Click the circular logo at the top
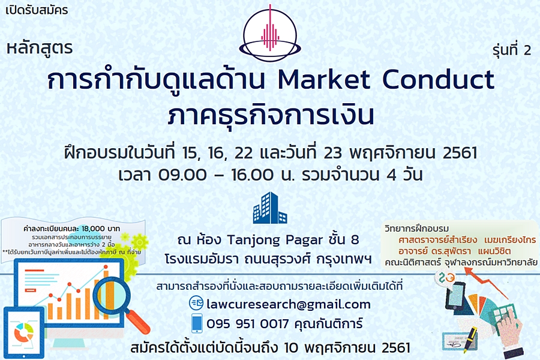[270, 34]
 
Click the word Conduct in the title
[438, 80]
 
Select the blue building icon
[270, 208]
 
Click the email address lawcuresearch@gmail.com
[289, 304]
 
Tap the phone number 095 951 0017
[248, 324]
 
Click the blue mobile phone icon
[197, 323]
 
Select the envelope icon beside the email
[197, 303]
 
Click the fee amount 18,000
[93, 229]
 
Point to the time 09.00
[182, 175]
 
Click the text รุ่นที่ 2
[512, 50]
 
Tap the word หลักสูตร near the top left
[40, 48]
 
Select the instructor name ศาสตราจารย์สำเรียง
[438, 240]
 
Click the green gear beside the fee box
[139, 242]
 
